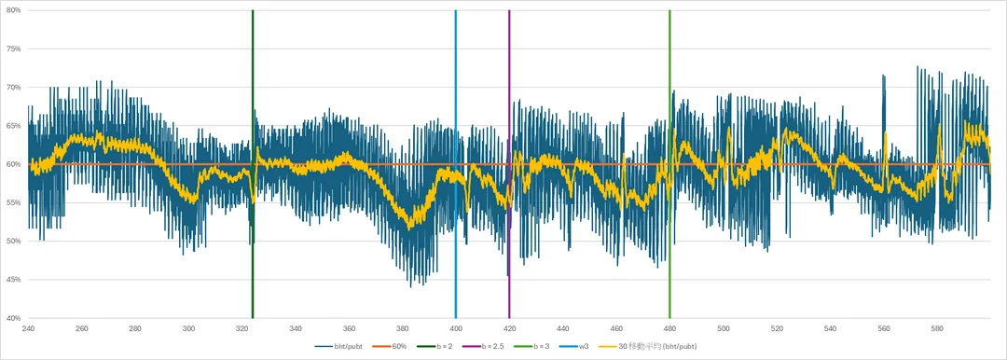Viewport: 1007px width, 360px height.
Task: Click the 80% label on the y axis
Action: (13, 10)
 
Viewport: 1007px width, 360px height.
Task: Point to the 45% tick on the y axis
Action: (13, 280)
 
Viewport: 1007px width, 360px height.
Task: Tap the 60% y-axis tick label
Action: (13, 164)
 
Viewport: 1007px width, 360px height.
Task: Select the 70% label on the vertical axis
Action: (13, 88)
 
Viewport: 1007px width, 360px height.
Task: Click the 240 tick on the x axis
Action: (28, 328)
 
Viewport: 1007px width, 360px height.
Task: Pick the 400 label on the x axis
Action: (455, 328)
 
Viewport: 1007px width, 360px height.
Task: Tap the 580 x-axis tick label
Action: (936, 328)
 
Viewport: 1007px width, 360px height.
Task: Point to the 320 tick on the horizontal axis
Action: (241, 328)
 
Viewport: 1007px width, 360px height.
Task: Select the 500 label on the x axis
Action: (723, 328)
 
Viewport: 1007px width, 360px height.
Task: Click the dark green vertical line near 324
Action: (253, 233)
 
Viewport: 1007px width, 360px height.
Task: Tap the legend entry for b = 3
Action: (544, 347)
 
